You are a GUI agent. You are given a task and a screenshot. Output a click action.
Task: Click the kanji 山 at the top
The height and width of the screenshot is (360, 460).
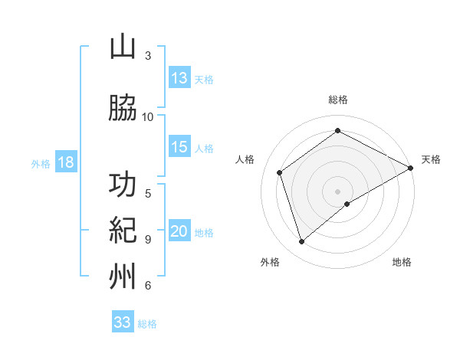click(x=123, y=47)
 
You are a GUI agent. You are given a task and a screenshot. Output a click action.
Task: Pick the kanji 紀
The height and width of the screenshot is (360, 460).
click(x=123, y=230)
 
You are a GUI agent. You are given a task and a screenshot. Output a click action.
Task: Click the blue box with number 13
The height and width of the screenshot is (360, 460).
click(x=179, y=78)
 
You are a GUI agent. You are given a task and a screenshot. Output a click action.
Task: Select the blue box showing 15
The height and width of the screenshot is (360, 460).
click(x=179, y=148)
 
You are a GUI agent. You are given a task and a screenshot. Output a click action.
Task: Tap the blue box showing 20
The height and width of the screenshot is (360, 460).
click(x=179, y=232)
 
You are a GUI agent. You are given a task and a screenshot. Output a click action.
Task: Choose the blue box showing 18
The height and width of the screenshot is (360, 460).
click(x=65, y=163)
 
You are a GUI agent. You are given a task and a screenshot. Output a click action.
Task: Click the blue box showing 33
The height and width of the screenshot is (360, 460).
click(x=123, y=322)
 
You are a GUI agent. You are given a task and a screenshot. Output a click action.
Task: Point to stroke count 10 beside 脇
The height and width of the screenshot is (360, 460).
click(x=148, y=116)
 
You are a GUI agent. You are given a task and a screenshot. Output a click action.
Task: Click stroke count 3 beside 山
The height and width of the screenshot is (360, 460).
click(x=148, y=55)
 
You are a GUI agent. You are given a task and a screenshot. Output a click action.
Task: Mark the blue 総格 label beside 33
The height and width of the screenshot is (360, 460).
click(x=147, y=324)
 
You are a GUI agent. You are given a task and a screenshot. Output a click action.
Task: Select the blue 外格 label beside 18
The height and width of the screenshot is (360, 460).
click(x=41, y=164)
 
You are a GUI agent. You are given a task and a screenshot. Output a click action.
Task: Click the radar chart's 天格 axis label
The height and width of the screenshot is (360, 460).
click(x=431, y=159)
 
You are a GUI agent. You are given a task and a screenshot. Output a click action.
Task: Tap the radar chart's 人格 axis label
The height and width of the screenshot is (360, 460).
click(x=245, y=159)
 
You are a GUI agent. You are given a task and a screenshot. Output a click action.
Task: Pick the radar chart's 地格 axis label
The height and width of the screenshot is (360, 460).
click(x=402, y=262)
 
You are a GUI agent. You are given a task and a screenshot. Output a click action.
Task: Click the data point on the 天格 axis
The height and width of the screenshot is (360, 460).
click(x=411, y=167)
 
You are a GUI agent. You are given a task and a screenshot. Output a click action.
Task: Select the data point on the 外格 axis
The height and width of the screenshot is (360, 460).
click(x=301, y=242)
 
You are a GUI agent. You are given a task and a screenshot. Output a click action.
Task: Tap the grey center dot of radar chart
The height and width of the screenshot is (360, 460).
click(x=337, y=190)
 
